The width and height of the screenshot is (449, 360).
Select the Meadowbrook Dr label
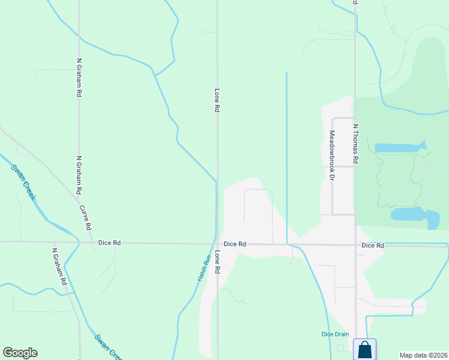click(x=331, y=155)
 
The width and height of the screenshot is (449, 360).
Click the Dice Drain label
click(x=331, y=334)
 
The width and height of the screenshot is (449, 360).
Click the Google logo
click(x=20, y=353)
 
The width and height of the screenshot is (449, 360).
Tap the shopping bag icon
click(x=364, y=349)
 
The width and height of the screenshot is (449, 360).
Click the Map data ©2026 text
click(x=423, y=355)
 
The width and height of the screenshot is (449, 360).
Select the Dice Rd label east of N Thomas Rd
click(x=372, y=246)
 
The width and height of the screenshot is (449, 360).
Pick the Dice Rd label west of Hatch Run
click(x=109, y=243)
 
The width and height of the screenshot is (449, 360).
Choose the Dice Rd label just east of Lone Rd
click(x=235, y=244)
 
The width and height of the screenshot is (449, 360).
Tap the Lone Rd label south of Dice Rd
click(x=217, y=262)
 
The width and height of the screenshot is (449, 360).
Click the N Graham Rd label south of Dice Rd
click(x=59, y=266)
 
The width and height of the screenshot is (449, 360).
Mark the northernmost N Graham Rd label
click(x=79, y=78)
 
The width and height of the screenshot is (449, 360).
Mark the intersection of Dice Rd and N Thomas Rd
click(x=355, y=245)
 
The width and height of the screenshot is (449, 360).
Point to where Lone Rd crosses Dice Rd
click(x=217, y=244)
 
